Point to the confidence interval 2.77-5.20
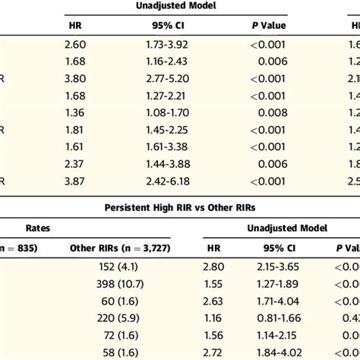pyautogui.click(x=167, y=78)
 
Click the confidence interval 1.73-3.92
pyautogui.click(x=167, y=46)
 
